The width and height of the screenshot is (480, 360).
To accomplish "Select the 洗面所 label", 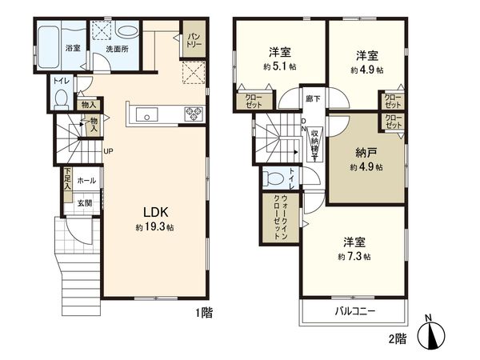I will point(118,50).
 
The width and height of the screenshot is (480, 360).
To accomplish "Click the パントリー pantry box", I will point(193,39).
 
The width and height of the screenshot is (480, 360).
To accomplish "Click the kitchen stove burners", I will point(194,112).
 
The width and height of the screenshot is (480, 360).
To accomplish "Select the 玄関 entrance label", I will point(84,203).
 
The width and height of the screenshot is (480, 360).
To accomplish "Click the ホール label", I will point(86,182).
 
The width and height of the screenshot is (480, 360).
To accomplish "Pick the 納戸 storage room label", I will point(366,153).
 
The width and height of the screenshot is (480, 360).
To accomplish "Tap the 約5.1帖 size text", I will point(279,68).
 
